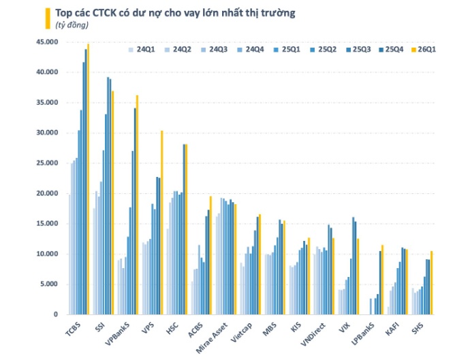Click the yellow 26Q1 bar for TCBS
click(88, 179)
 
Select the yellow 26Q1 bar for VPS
click(161, 223)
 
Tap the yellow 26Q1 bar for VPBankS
click(138, 205)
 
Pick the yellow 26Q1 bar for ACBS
click(210, 255)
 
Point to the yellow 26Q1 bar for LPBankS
click(382, 280)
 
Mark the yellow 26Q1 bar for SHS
click(431, 282)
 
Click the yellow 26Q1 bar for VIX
click(358, 276)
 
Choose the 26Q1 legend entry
click(424, 50)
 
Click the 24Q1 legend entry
click(142, 50)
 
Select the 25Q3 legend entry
click(358, 50)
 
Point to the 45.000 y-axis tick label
click(47, 42)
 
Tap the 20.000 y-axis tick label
click(47, 193)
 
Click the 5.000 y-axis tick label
click(48, 284)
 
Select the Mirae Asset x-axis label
click(212, 338)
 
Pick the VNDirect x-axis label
click(313, 334)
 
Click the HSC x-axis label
click(172, 328)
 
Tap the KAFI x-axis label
click(392, 329)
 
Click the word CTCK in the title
click(104, 13)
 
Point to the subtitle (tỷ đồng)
click(72, 25)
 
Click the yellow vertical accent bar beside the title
click(48, 18)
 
